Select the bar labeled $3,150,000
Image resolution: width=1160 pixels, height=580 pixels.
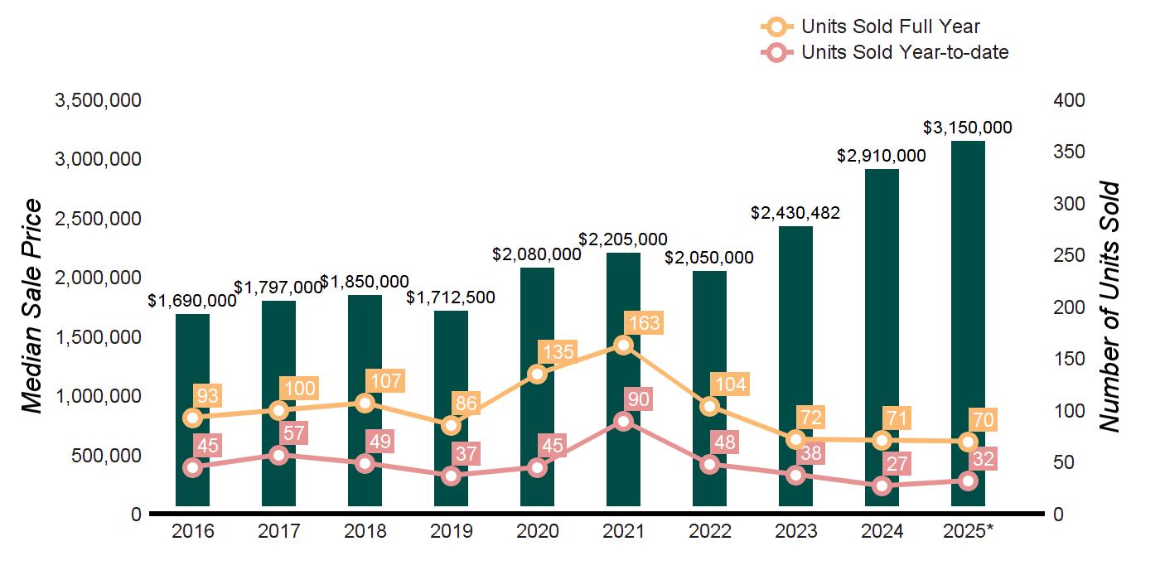[x=968, y=323]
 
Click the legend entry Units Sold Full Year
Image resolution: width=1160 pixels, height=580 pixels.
[x=891, y=27]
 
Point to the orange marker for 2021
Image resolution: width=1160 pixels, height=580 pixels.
[x=624, y=345]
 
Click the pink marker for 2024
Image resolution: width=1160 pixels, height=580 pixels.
[x=882, y=486]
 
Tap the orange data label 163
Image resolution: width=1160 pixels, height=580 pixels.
[x=644, y=322]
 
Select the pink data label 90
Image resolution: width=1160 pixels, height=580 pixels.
[x=639, y=399]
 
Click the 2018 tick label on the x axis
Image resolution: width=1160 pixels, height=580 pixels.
[x=365, y=531]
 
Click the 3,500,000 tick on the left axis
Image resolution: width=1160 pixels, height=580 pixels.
[x=98, y=100]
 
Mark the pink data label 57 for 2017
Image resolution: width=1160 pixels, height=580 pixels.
[x=294, y=433]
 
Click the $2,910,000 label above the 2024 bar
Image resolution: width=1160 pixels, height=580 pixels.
[x=881, y=155]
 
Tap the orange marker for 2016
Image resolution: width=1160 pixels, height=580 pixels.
[x=193, y=418]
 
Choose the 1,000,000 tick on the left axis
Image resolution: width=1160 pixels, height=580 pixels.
[x=98, y=396]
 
